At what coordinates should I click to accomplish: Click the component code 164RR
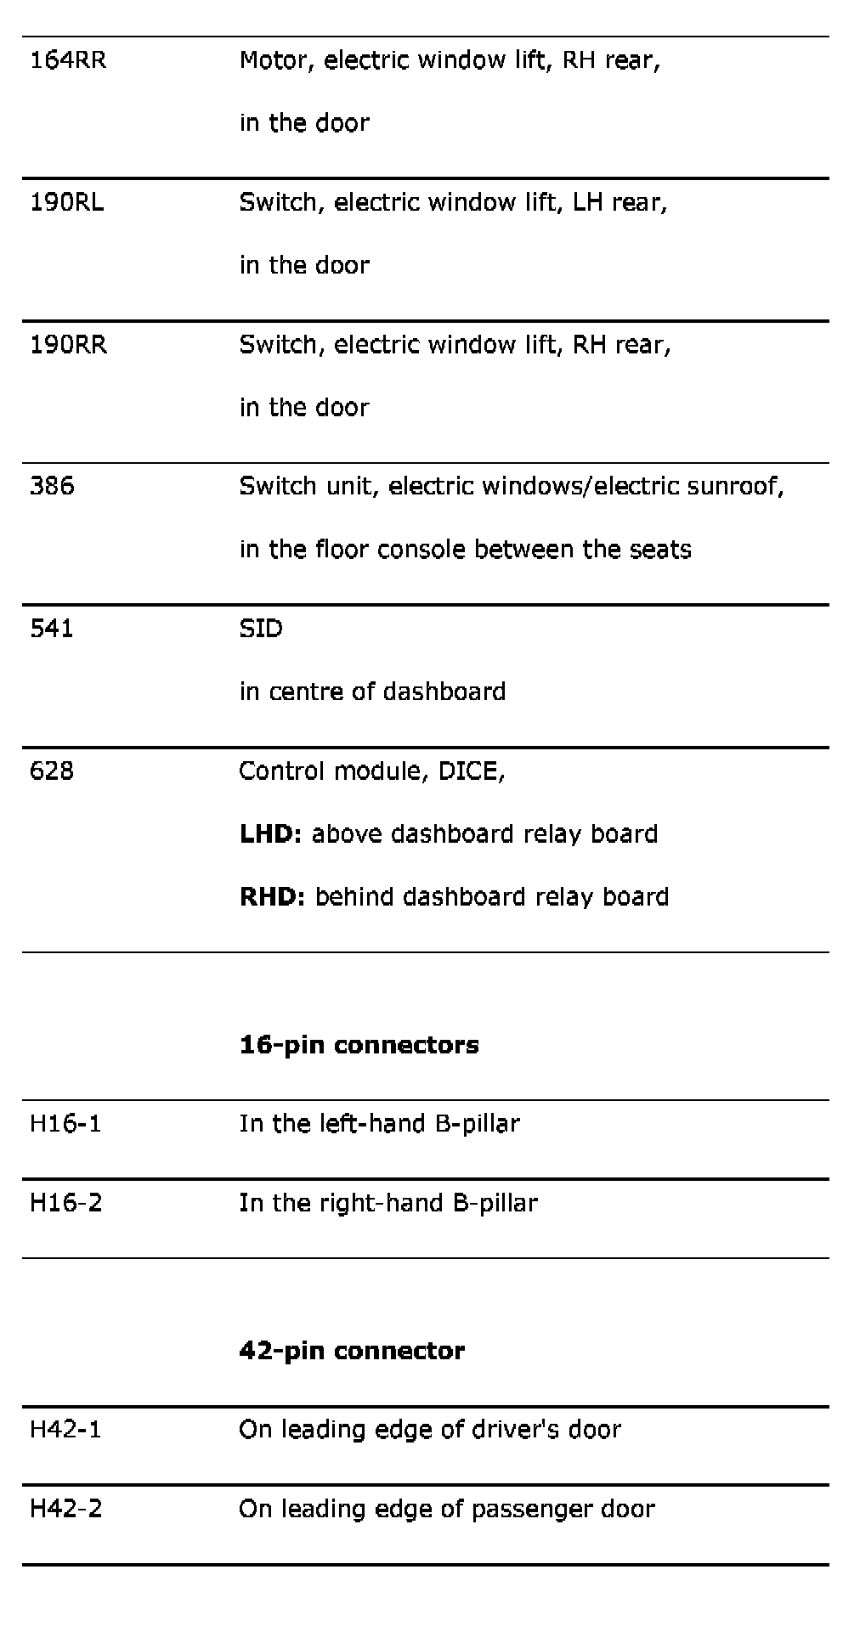click(x=68, y=60)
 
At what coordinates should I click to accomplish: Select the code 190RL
click(x=66, y=203)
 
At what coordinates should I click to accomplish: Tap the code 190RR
click(x=68, y=345)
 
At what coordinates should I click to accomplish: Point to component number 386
click(x=52, y=486)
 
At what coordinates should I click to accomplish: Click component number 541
click(x=51, y=629)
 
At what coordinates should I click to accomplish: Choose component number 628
click(x=51, y=771)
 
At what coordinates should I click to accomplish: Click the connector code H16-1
click(x=65, y=1124)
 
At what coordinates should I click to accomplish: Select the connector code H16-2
click(x=65, y=1203)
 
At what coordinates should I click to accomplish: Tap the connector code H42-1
click(x=65, y=1430)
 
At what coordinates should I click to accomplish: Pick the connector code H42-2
click(x=65, y=1509)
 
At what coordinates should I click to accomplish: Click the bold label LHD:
click(x=270, y=834)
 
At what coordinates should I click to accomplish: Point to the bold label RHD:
click(x=272, y=897)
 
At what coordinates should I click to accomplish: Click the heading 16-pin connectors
click(x=359, y=1045)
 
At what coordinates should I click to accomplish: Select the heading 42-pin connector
click(x=352, y=1351)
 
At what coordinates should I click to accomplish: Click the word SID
click(x=261, y=629)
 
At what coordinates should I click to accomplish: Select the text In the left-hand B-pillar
click(x=379, y=1124)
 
